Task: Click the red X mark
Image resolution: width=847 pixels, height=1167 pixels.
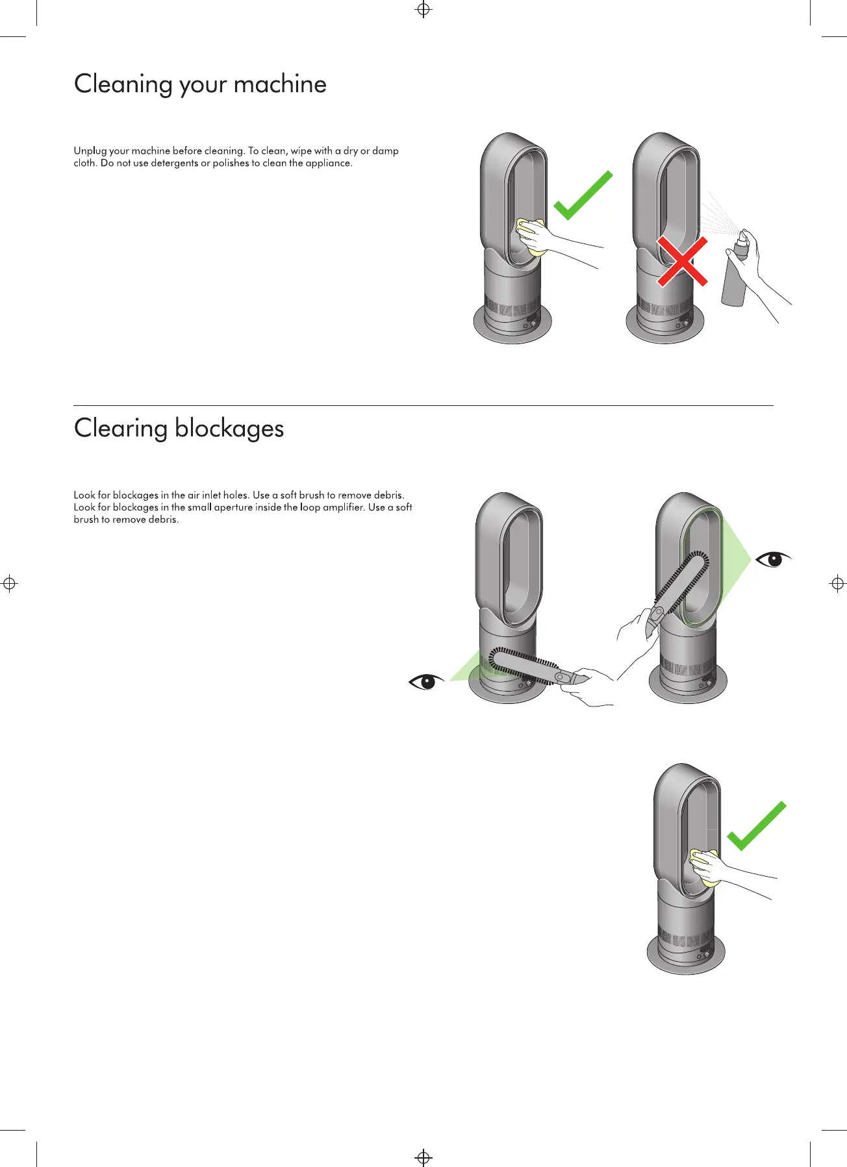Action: pos(682,261)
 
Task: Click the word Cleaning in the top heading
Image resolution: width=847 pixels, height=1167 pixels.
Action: pos(122,85)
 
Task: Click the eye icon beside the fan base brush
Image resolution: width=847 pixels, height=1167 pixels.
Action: pos(425,681)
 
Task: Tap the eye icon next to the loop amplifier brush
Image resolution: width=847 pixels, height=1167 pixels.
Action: pos(773,558)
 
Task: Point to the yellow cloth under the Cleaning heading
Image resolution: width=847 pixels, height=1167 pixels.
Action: pos(529,238)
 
